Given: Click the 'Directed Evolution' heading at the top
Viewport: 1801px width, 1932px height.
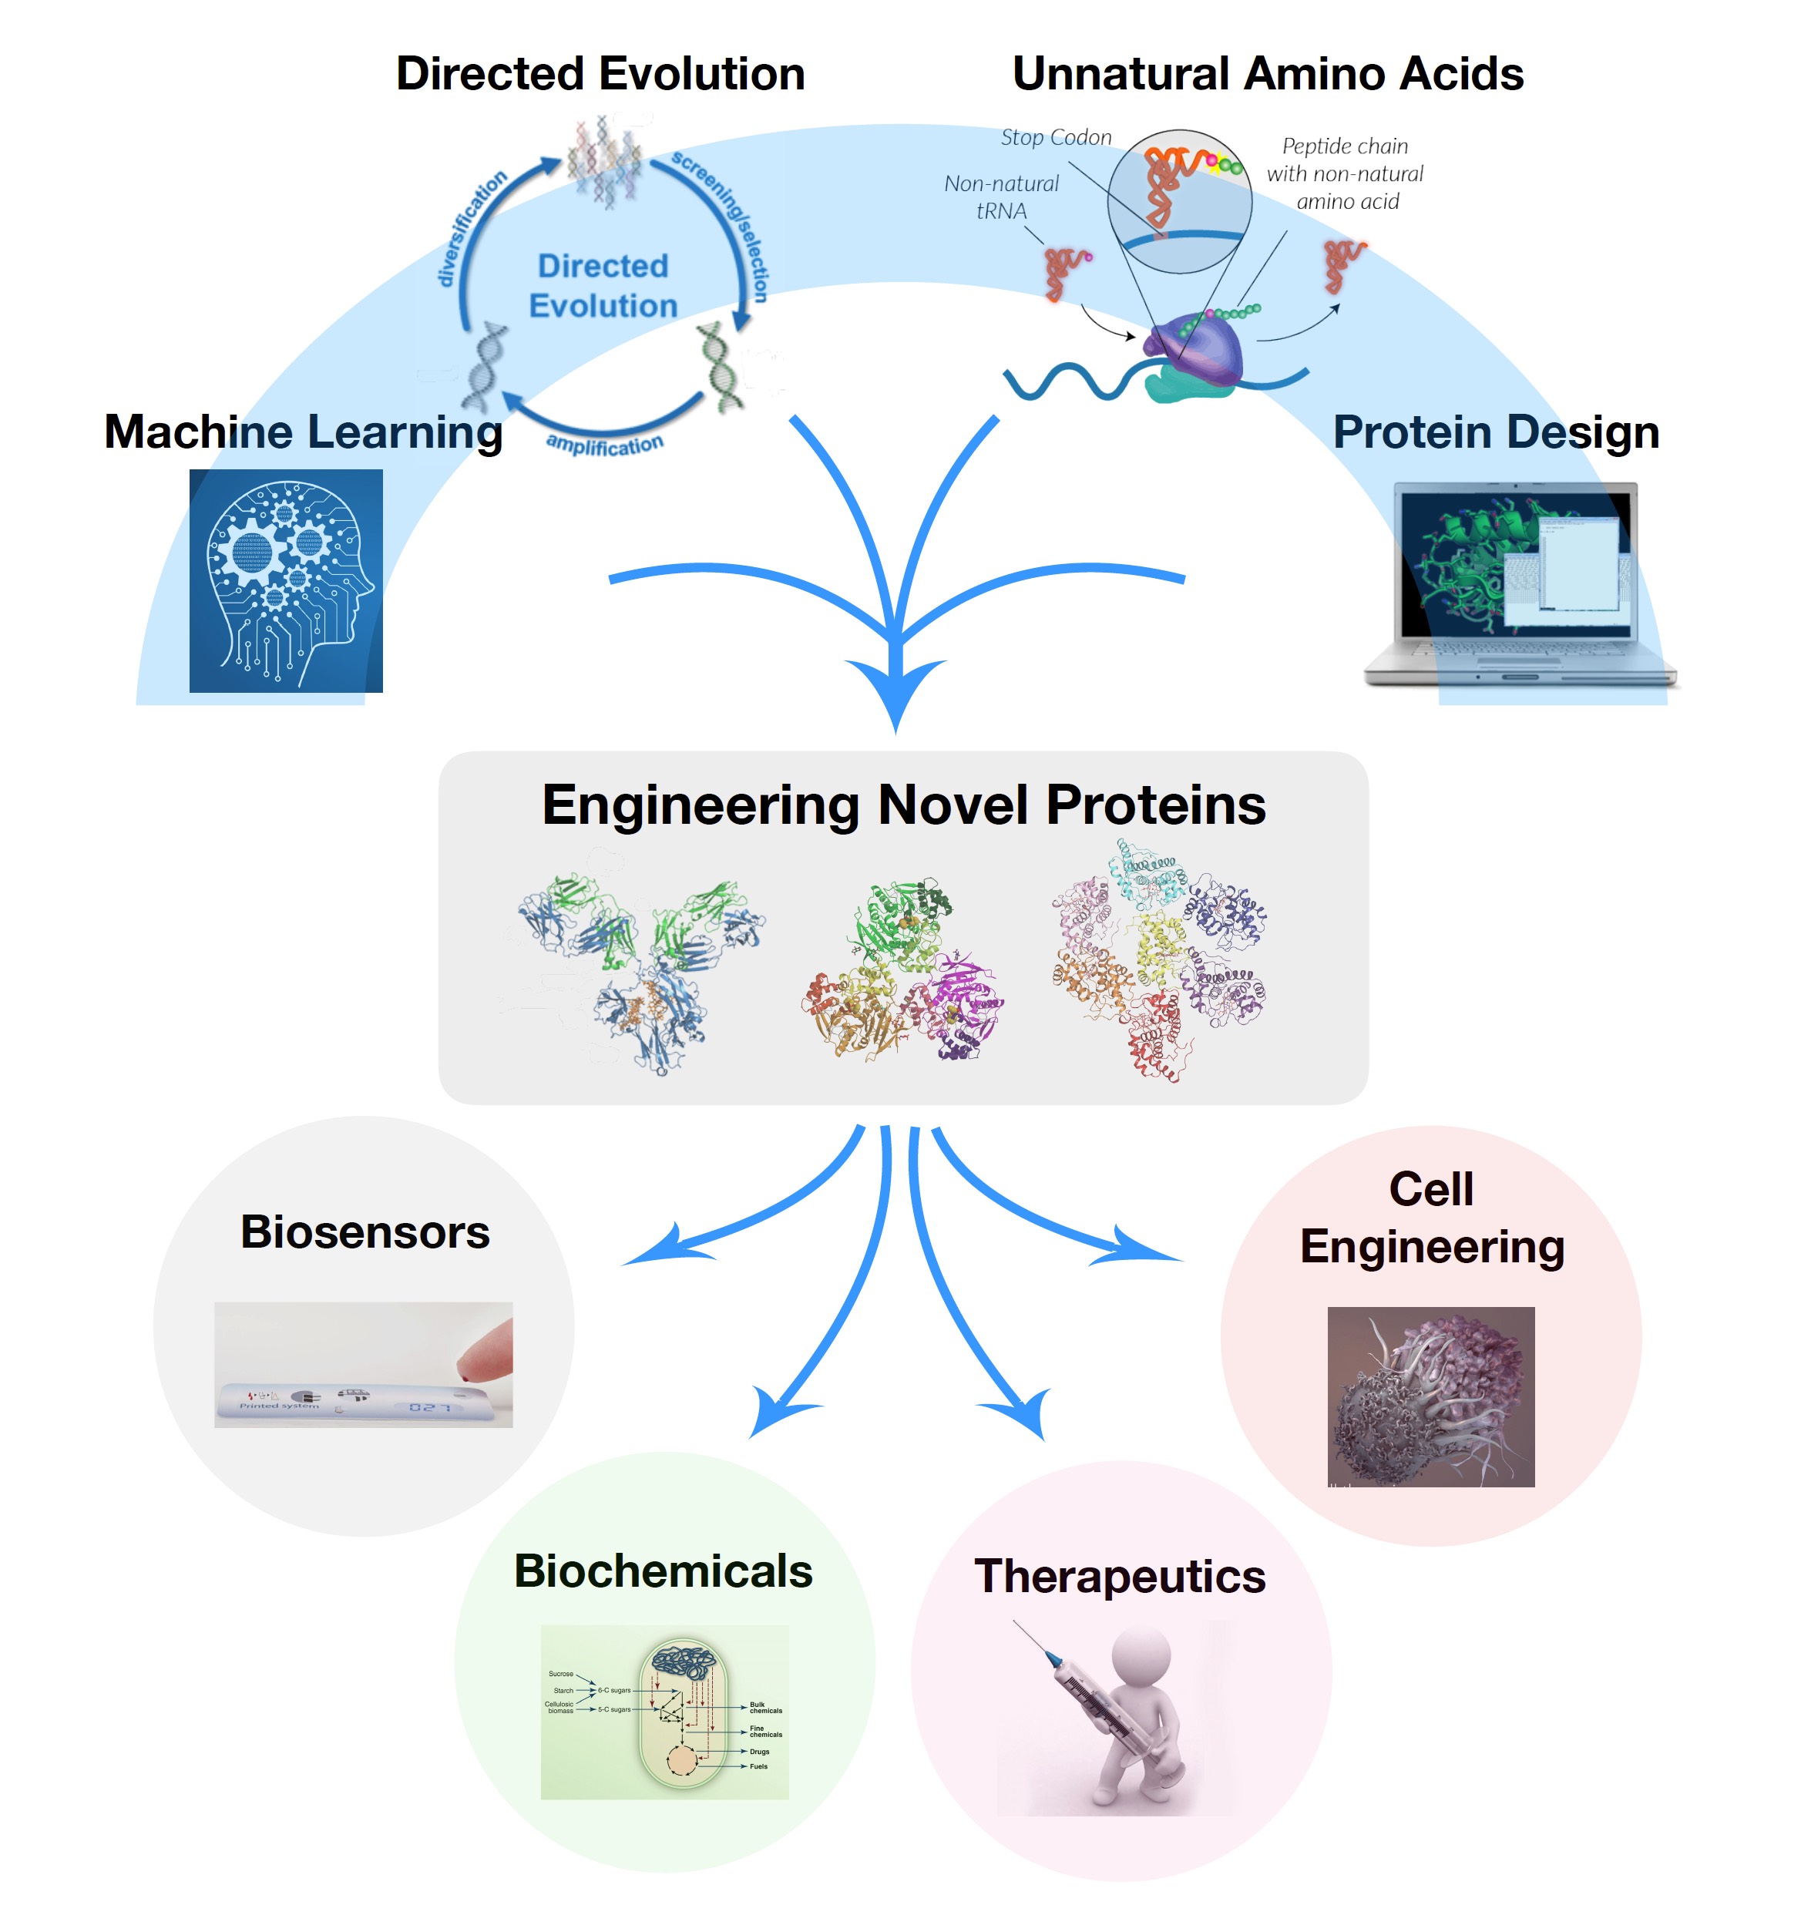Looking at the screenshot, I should [x=600, y=74].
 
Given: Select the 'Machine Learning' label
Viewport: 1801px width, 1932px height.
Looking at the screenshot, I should [x=303, y=432].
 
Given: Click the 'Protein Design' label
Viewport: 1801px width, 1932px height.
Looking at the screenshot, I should [x=1495, y=432].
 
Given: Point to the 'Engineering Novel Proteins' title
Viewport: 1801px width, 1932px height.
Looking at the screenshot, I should [x=903, y=805].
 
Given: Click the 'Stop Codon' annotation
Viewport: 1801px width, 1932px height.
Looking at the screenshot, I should [x=1056, y=138].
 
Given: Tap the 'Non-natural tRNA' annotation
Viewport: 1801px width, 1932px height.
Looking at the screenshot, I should [x=1001, y=197].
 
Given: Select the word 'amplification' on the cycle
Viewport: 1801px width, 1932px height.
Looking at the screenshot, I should [x=604, y=444].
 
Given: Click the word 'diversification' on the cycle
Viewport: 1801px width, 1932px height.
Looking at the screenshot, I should [x=472, y=228].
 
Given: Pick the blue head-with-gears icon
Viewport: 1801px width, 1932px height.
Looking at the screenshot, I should [x=286, y=580].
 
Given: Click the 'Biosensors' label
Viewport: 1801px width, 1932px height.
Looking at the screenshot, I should [x=365, y=1231].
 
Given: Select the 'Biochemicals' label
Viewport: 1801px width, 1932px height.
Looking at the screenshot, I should [x=663, y=1571].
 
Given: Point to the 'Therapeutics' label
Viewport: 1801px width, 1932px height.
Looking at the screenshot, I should [x=1120, y=1575].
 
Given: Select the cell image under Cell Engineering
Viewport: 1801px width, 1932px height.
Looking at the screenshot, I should [x=1430, y=1396].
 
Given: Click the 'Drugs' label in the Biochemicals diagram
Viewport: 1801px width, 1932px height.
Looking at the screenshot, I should [x=759, y=1751].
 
